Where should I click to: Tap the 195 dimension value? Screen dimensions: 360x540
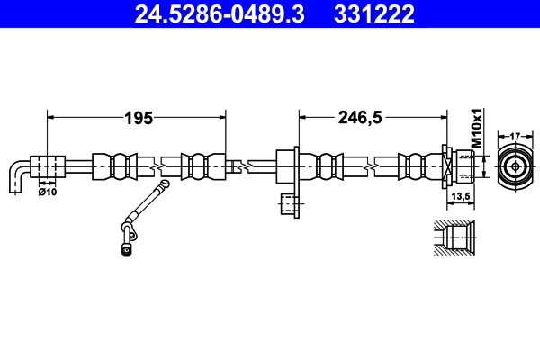tap(138, 117)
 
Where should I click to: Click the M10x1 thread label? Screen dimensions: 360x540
tap(478, 128)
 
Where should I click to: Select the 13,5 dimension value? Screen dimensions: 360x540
tap(460, 196)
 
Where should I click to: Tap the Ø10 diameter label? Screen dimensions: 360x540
tap(48, 190)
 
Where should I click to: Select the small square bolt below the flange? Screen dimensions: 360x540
tap(289, 205)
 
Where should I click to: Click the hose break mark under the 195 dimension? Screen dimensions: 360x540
tap(159, 166)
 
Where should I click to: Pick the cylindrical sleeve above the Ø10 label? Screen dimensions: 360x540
tap(49, 166)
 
